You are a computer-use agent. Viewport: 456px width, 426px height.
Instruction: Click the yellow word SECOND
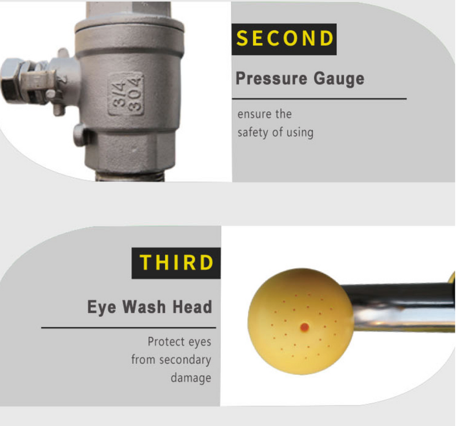284,38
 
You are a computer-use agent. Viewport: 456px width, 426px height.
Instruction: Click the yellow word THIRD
177,262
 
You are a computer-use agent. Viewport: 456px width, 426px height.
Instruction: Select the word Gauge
339,79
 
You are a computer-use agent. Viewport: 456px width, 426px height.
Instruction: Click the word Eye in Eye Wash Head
101,307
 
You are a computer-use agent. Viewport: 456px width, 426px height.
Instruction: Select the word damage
191,378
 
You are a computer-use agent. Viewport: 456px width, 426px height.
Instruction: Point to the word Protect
166,342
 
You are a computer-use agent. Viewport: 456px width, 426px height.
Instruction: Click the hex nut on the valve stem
11,80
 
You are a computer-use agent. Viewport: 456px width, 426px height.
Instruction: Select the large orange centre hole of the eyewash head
304,327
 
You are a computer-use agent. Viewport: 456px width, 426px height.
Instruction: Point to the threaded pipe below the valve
131,177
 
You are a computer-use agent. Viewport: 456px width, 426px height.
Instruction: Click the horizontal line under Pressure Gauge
319,99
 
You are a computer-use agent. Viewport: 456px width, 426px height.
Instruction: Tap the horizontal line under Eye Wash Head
129,328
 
